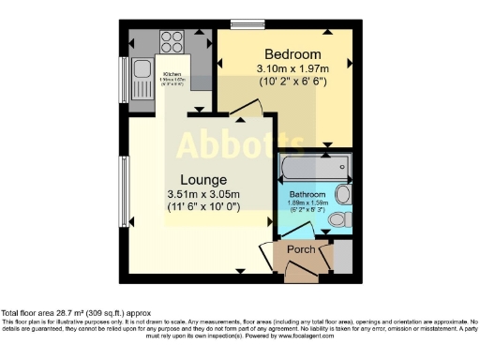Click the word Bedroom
point(292,53)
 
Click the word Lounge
point(202,180)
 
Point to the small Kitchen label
point(172,74)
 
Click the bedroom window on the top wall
point(247,25)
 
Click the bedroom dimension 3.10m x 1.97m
point(292,67)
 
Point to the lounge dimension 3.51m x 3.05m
point(202,195)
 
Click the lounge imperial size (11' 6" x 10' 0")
point(202,207)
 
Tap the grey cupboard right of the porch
point(343,256)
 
